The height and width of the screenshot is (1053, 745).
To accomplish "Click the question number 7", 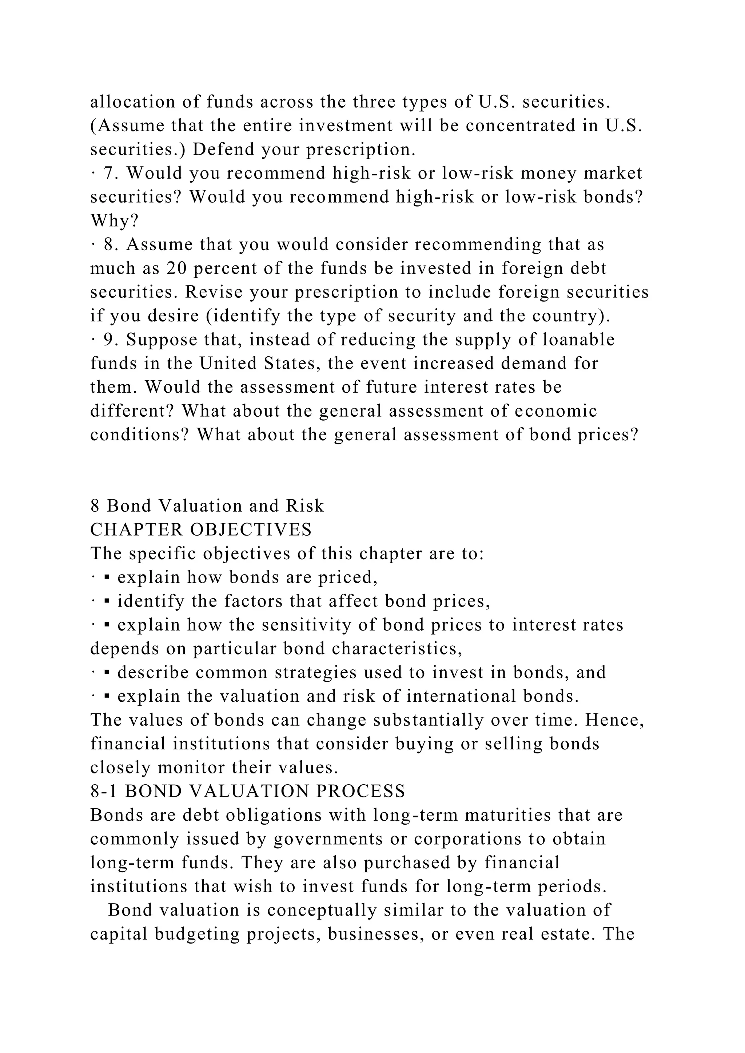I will [x=109, y=173].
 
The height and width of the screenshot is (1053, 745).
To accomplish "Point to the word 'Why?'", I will [x=114, y=221].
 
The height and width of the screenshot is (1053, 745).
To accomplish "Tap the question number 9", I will [x=109, y=340].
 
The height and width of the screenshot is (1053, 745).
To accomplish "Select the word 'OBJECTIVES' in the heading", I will [x=251, y=530].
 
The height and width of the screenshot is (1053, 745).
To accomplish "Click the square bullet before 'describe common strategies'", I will [x=107, y=673].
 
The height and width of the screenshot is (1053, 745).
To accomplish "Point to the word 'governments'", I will [x=328, y=839].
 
